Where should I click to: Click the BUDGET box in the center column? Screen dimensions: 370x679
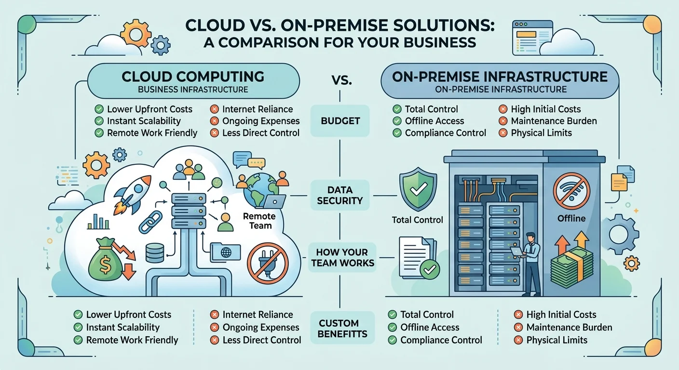(340, 120)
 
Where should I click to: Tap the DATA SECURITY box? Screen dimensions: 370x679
(340, 195)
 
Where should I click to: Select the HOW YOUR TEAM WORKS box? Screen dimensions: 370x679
(342, 257)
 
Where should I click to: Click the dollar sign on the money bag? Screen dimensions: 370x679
(105, 261)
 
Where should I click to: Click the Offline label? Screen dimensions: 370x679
(571, 218)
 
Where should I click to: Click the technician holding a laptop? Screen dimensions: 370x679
(531, 263)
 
